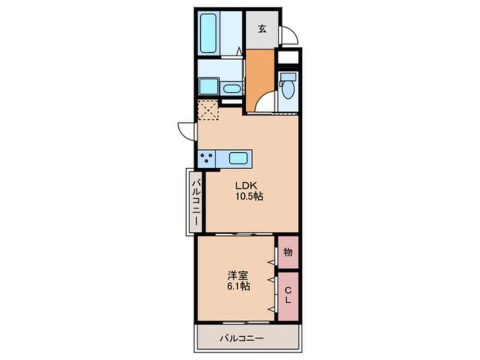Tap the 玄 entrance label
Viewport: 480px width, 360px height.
click(x=262, y=30)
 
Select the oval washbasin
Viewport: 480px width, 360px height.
click(x=231, y=89)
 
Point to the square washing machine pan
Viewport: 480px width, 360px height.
click(x=207, y=87)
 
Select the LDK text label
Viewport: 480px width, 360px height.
click(x=247, y=185)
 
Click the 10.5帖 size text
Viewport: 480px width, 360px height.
click(x=248, y=196)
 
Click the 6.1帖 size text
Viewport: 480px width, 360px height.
click(x=237, y=286)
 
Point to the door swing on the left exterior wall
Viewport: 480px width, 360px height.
click(x=186, y=129)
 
